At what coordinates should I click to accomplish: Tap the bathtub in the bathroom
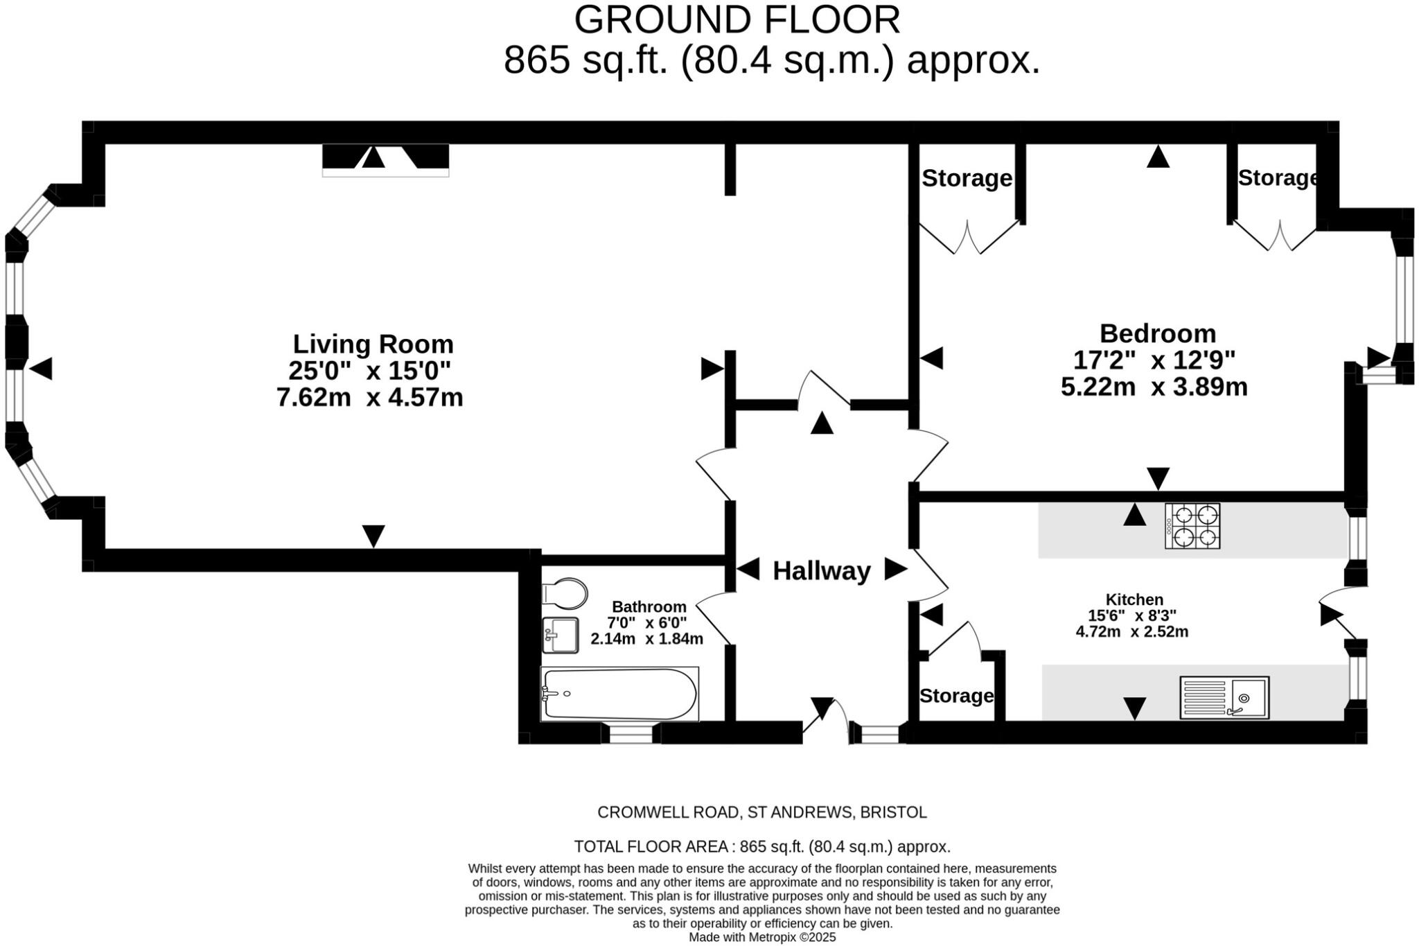tap(619, 694)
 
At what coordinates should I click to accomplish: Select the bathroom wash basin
tap(561, 635)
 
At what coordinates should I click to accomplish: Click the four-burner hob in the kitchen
tap(1192, 526)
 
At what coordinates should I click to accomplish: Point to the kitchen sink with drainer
tap(1224, 697)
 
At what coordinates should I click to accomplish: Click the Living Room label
tap(373, 344)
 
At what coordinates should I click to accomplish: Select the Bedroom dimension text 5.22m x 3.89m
tap(1154, 387)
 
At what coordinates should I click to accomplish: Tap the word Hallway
tap(821, 571)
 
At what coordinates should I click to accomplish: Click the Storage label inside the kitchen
tap(956, 696)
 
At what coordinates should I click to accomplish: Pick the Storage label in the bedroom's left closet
tap(967, 179)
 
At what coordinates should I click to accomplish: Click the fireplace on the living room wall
tap(385, 158)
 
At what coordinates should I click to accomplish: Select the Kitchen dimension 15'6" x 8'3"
tap(1132, 615)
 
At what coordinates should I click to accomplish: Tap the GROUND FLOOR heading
tap(737, 20)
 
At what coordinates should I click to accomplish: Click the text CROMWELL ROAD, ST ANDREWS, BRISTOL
tap(761, 812)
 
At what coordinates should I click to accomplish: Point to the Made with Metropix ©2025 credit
tap(761, 938)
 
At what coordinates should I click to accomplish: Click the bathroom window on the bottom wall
tap(631, 733)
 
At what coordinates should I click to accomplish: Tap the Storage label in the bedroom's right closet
tap(1278, 178)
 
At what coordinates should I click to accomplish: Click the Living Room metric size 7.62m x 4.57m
tap(369, 398)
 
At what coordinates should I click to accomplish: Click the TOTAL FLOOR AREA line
tap(761, 847)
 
